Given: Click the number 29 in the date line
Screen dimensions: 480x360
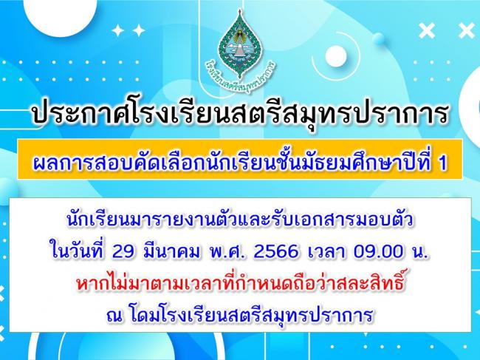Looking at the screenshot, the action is [123, 252].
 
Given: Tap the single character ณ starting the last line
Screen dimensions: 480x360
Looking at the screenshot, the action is [114, 316].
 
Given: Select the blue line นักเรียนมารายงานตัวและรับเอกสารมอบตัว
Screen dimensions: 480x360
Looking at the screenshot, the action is [240, 221].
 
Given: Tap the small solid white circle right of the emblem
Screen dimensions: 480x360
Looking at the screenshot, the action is [336, 56].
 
